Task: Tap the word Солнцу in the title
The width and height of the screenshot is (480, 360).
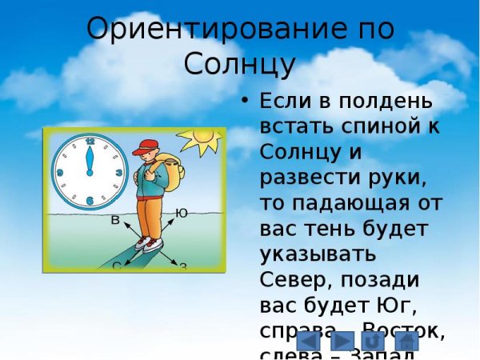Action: tap(240, 64)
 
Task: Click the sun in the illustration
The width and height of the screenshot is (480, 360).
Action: tap(200, 140)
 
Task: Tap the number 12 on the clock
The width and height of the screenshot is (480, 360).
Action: tap(90, 142)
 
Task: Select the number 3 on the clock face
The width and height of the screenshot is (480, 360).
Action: tap(118, 171)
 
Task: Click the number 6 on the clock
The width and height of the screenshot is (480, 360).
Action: tap(90, 200)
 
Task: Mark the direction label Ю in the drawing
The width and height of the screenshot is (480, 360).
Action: tap(182, 212)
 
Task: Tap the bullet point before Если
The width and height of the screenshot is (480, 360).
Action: tap(246, 102)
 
